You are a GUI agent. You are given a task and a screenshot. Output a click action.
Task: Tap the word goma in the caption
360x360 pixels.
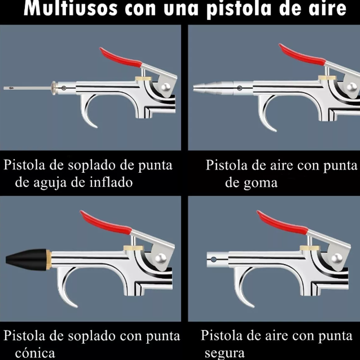[261, 183]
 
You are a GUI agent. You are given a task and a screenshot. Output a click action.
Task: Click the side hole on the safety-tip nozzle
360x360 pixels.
[214, 259]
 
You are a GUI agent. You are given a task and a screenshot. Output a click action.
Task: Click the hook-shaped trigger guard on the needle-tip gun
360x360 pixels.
[88, 115]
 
